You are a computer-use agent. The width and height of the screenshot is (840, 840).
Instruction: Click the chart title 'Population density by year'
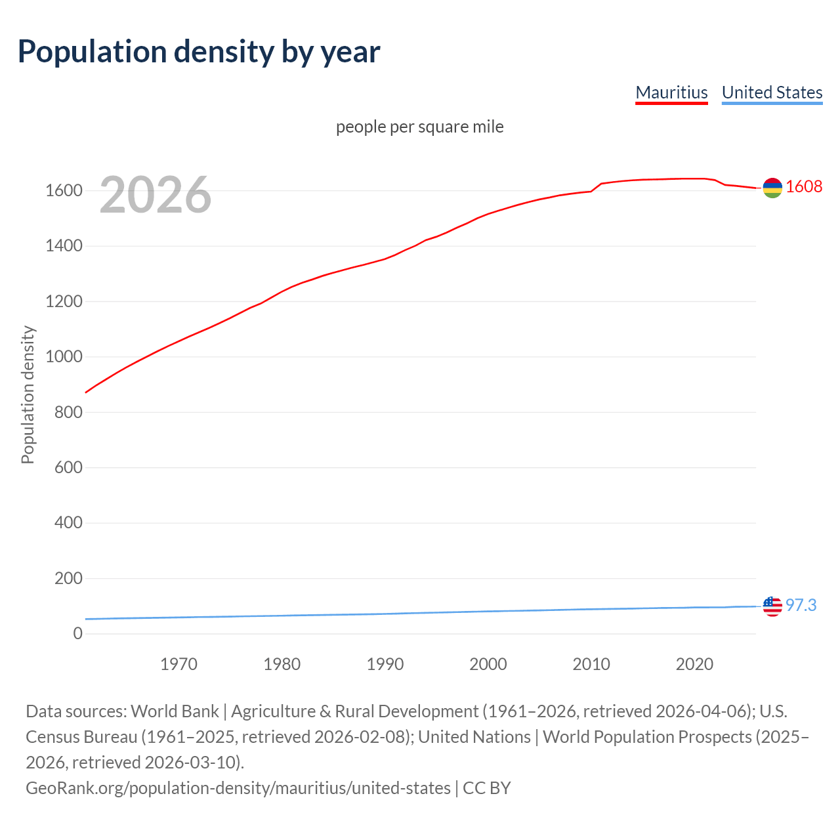click(199, 52)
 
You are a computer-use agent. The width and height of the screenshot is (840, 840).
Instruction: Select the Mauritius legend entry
click(671, 93)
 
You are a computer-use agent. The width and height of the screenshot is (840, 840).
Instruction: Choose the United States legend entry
click(772, 93)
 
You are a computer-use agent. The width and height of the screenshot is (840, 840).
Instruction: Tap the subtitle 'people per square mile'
click(419, 127)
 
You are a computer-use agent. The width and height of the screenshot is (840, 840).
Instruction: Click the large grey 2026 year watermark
click(156, 194)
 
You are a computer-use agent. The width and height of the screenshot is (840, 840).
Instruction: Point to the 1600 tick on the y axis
click(64, 191)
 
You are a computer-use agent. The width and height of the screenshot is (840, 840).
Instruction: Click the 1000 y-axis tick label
click(64, 357)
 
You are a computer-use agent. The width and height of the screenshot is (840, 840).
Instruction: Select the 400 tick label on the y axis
click(68, 523)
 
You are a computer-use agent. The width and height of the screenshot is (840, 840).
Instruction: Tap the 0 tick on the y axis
click(77, 633)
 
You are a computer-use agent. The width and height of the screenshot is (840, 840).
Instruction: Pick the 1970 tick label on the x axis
click(178, 664)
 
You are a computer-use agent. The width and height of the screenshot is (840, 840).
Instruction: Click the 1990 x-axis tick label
click(385, 664)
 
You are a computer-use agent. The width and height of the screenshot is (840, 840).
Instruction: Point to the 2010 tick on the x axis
click(591, 664)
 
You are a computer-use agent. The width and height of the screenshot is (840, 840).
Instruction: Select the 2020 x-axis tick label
click(694, 664)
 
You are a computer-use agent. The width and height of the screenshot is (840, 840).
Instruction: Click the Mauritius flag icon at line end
click(772, 188)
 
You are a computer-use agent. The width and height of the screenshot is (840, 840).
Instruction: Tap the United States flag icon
click(772, 606)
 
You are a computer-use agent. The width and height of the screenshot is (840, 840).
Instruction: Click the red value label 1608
click(804, 187)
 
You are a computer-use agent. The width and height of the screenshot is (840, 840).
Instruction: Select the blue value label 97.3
click(801, 605)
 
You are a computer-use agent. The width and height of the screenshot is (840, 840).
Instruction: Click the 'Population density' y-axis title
click(28, 394)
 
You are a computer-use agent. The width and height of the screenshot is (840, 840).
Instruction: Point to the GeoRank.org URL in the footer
click(238, 787)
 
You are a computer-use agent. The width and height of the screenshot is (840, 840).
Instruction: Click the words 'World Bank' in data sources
click(175, 711)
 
